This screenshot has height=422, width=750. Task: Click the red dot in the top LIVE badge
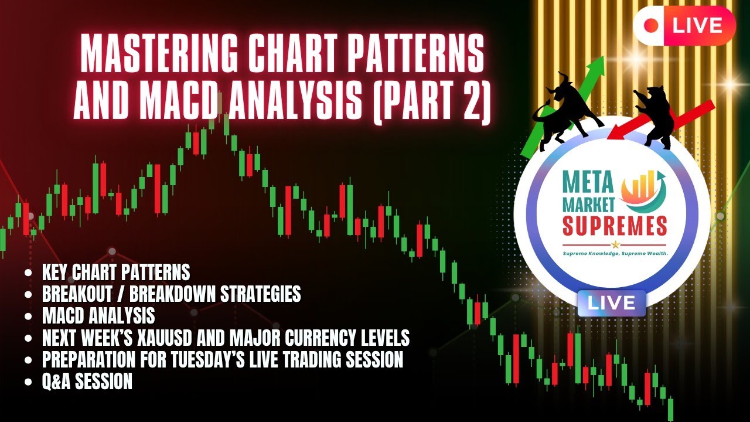[651, 25]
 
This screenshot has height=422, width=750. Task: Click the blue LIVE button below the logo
[611, 303]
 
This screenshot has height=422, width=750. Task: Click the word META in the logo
[588, 182]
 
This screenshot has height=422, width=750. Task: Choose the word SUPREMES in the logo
[615, 226]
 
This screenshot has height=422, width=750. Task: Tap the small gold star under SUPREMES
[615, 244]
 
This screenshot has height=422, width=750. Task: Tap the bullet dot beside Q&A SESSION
[29, 382]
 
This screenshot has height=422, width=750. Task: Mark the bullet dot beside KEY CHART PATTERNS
[29, 272]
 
